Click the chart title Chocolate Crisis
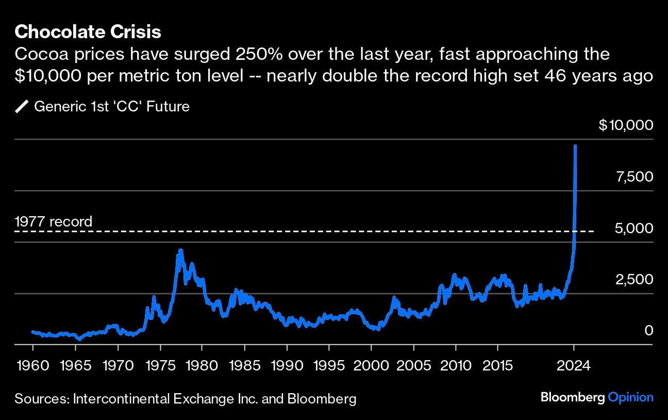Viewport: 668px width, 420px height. pyautogui.click(x=88, y=32)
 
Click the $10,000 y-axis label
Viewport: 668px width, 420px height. pyautogui.click(x=626, y=125)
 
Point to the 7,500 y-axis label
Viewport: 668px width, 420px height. pyautogui.click(x=634, y=177)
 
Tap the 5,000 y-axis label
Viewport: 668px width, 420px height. pyautogui.click(x=634, y=228)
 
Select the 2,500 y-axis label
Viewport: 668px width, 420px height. pyautogui.click(x=634, y=279)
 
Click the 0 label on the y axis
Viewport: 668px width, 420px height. pyautogui.click(x=648, y=330)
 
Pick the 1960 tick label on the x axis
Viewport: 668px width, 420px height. pyautogui.click(x=32, y=366)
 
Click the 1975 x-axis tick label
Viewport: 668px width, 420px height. pyautogui.click(x=159, y=366)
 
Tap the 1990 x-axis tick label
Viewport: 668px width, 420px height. pyautogui.click(x=286, y=366)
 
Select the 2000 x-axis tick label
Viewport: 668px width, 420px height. pyautogui.click(x=371, y=366)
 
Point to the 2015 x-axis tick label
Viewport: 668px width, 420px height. pyautogui.click(x=497, y=366)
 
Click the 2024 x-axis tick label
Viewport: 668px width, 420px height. pyautogui.click(x=574, y=366)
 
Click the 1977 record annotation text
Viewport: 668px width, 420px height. pyautogui.click(x=54, y=222)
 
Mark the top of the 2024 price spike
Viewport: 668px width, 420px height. pyautogui.click(x=575, y=147)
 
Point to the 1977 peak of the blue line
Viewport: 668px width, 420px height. pyautogui.click(x=180, y=251)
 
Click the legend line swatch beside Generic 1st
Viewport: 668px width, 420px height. pyautogui.click(x=22, y=107)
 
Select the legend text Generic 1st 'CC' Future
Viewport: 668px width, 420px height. pyautogui.click(x=112, y=107)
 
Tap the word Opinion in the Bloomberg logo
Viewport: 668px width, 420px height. pyautogui.click(x=630, y=397)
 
